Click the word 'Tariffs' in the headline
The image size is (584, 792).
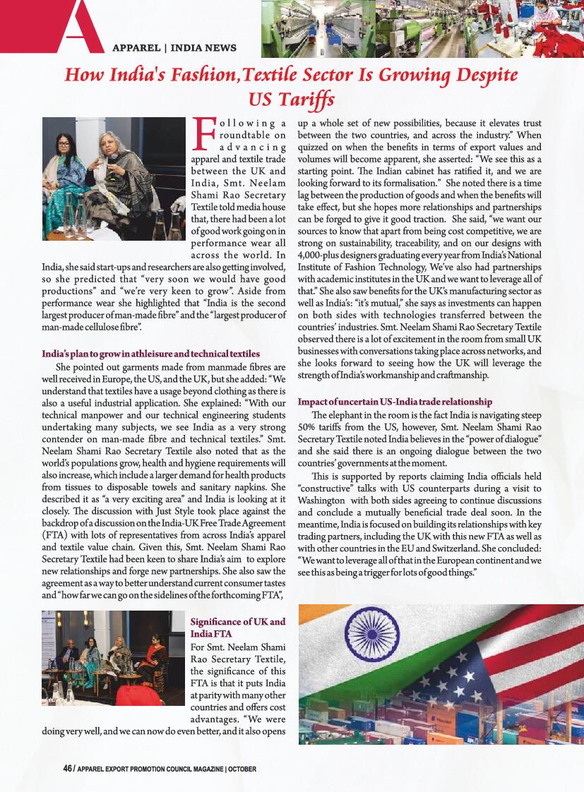[x=291, y=97]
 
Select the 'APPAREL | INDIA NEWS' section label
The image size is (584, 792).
[x=174, y=48]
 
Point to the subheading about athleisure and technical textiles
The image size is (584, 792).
[x=150, y=353]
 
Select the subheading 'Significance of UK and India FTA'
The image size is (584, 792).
[x=238, y=627]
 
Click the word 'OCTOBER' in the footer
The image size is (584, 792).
[x=242, y=769]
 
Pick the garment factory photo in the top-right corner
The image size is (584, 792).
[x=422, y=28]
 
